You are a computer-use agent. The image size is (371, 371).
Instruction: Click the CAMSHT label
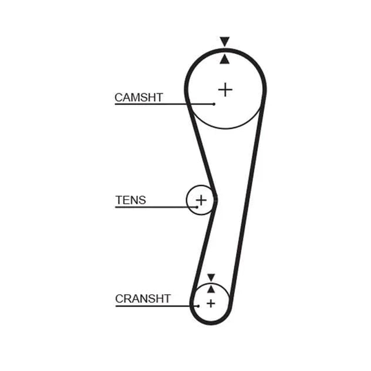139,98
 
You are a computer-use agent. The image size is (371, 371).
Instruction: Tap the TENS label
130,200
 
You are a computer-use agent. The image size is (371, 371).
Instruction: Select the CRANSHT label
143,299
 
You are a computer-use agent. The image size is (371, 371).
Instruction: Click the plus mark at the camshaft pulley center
225,90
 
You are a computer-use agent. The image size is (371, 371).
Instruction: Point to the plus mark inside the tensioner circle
202,200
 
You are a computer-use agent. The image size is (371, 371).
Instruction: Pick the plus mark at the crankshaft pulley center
211,304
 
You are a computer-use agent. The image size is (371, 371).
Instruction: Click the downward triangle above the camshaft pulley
224,41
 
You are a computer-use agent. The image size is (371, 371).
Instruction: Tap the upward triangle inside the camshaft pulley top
224,59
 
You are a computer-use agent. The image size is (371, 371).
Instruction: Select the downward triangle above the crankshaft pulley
211,277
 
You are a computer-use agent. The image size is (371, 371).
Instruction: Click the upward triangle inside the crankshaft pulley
211,289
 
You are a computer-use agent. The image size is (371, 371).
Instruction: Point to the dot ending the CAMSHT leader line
214,104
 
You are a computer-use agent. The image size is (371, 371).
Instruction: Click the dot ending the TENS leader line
197,207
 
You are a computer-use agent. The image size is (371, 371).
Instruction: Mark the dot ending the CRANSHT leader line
198,306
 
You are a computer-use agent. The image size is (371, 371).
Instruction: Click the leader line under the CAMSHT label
164,104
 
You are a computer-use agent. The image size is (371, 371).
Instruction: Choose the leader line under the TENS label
156,207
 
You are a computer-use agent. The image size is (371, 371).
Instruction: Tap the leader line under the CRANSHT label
157,306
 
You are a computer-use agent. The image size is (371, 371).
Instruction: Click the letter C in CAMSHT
119,98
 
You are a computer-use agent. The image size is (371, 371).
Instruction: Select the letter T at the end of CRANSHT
167,299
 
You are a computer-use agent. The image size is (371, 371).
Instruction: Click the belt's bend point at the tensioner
216,200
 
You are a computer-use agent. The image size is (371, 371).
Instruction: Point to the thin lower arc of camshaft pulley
226,129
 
